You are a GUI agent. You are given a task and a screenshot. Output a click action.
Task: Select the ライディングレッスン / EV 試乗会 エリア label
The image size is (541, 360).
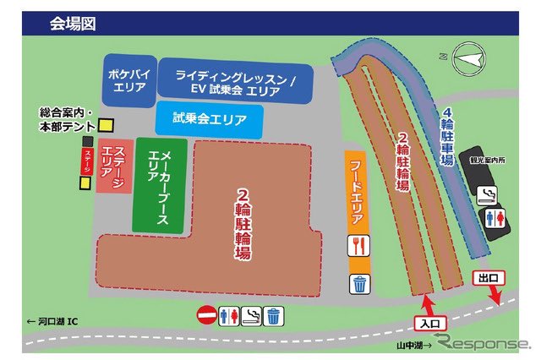tap(235, 81)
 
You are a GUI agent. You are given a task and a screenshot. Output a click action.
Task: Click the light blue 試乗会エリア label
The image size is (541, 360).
tap(209, 120)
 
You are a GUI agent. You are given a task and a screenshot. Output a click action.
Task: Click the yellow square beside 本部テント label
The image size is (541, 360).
tap(106, 125)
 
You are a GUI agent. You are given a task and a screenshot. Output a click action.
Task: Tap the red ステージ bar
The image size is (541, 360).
tap(86, 161)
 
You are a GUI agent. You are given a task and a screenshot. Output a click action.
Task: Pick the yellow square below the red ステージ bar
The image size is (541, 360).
tap(86, 183)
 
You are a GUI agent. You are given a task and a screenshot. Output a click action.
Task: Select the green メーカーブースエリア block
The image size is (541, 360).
tap(158, 185)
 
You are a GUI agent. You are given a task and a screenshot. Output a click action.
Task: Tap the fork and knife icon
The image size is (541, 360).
tap(358, 247)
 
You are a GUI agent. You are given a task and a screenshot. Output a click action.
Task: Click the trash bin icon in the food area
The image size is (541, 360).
tap(359, 283)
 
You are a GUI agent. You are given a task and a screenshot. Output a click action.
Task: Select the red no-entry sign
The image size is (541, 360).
tap(205, 316)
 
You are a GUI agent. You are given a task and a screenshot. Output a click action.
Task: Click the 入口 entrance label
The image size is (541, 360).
tap(428, 322)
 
